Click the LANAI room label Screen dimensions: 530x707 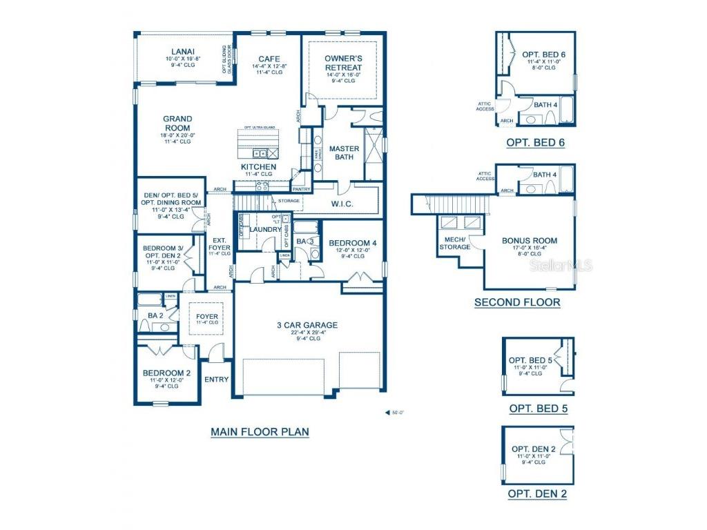183,51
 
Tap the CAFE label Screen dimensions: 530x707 268,59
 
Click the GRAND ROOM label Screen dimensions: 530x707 177,124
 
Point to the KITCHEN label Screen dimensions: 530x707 258,168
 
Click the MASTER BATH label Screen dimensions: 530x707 342,153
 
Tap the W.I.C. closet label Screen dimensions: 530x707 342,204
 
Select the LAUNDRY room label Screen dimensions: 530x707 265,229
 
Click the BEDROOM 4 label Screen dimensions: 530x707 353,243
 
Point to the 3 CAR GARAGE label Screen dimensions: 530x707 307,325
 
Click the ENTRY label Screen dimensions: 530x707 217,380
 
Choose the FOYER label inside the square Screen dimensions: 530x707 206,317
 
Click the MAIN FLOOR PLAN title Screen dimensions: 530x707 260,432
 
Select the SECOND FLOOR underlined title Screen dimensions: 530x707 517,302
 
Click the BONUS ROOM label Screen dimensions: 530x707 529,241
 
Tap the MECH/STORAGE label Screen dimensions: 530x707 455,243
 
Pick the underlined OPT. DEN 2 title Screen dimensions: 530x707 537,494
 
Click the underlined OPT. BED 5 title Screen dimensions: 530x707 538,409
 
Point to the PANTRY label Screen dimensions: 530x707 301,189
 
